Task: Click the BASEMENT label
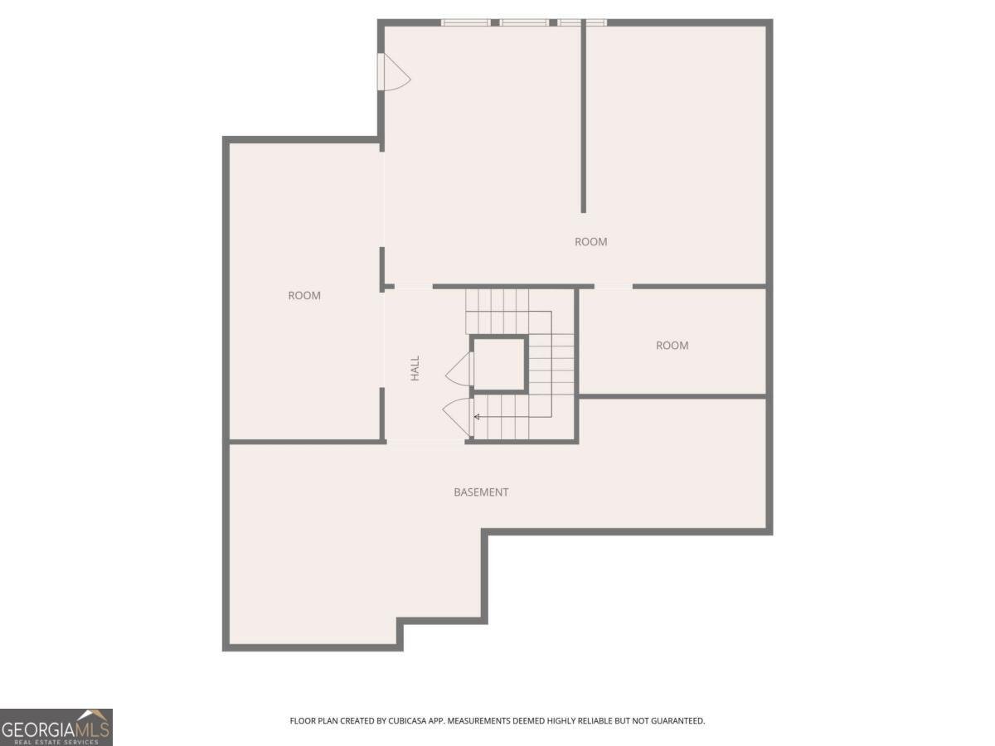[x=481, y=492]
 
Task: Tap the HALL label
[x=415, y=368]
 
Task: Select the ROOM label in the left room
[x=304, y=296]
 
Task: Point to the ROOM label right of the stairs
[x=672, y=346]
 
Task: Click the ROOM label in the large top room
[x=591, y=242]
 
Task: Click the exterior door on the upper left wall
[x=394, y=72]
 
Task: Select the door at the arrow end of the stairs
[x=458, y=418]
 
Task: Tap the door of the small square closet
[x=459, y=369]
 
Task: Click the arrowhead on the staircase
[x=477, y=417]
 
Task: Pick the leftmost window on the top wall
[x=465, y=22]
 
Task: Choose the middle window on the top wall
[x=525, y=22]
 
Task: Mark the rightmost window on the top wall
[x=582, y=22]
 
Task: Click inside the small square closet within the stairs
[x=499, y=363]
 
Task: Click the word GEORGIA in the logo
[x=38, y=730]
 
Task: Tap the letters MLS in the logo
[x=92, y=730]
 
